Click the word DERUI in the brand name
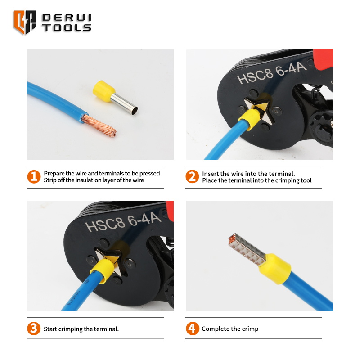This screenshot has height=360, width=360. click(67, 18)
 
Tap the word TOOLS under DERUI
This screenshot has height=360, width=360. click(67, 28)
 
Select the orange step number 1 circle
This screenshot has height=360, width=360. click(34, 177)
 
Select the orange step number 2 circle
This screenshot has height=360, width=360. click(192, 176)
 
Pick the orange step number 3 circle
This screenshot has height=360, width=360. click(34, 328)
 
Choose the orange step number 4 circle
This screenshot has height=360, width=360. click(193, 328)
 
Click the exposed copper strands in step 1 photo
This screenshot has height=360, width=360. click(99, 126)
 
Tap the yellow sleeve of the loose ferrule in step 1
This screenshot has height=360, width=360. click(103, 91)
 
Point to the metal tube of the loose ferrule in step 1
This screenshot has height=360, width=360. click(124, 104)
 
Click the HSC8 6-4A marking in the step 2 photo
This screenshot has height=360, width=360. click(272, 73)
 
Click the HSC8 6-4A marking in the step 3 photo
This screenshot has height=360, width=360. click(123, 222)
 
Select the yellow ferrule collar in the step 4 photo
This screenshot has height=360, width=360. click(275, 269)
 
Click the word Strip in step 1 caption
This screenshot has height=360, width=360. click(50, 180)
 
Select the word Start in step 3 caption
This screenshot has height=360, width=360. click(50, 329)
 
